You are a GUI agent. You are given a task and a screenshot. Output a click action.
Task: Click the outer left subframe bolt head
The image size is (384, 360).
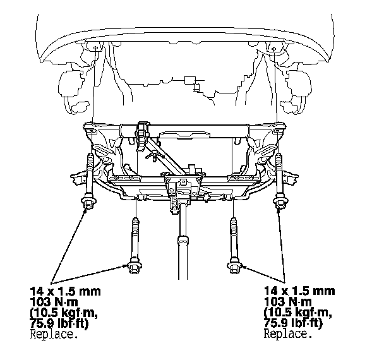click(x=88, y=201)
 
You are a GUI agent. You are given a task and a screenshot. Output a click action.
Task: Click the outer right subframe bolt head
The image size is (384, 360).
click(x=280, y=201)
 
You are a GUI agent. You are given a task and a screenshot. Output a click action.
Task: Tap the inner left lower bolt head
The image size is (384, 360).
click(x=134, y=265)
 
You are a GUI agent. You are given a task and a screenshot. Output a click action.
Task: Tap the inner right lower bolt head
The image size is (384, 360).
click(x=234, y=265)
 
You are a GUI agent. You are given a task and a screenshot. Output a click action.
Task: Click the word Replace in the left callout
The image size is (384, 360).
click(x=54, y=334)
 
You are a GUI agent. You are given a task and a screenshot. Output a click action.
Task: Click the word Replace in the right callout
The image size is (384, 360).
click(x=288, y=334)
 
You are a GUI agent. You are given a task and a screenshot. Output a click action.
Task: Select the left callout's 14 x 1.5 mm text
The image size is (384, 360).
click(x=66, y=291)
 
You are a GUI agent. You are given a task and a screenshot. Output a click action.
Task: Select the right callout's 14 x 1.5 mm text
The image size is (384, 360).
click(x=299, y=291)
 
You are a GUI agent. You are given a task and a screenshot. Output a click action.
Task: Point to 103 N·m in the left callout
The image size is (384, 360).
click(x=54, y=302)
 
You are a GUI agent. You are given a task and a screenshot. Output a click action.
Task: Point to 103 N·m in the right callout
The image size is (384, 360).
click(x=288, y=302)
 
